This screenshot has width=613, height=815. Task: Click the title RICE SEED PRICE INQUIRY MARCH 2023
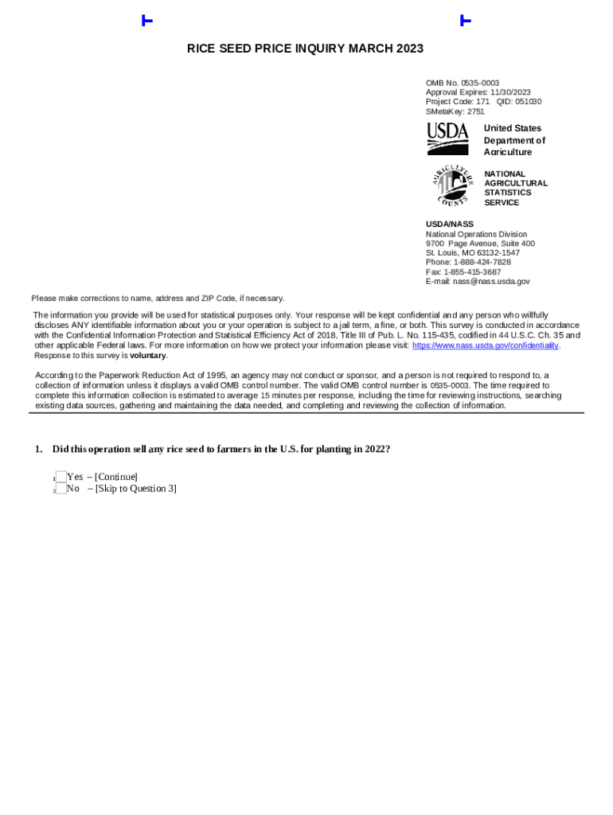point(305,49)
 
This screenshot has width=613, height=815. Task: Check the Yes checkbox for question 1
point(61,477)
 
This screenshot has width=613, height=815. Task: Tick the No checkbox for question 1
point(61,489)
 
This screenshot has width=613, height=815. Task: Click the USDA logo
point(447,138)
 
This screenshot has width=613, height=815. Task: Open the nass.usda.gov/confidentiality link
point(485,345)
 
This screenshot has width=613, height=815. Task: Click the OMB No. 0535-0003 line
point(463,83)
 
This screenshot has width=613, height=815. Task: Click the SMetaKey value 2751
point(475,111)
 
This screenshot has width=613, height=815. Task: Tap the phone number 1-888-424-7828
point(482,262)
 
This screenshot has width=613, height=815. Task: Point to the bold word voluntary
point(148,356)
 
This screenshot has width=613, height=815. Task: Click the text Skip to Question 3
point(135,489)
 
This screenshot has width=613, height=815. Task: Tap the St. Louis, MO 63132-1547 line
point(473,252)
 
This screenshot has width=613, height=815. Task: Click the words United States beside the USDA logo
point(512,128)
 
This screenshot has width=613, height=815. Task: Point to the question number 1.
point(37,449)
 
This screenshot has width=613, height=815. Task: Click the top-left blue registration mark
point(146,21)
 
